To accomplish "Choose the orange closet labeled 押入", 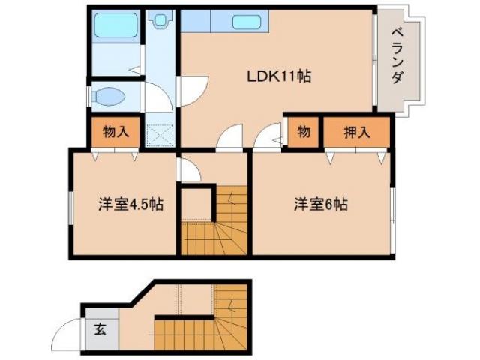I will click(x=357, y=133).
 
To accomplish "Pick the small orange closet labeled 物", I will click(x=303, y=133).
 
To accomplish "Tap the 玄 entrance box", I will click(x=100, y=328).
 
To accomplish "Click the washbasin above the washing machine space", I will click(x=160, y=20).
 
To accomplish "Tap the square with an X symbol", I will click(x=159, y=135).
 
